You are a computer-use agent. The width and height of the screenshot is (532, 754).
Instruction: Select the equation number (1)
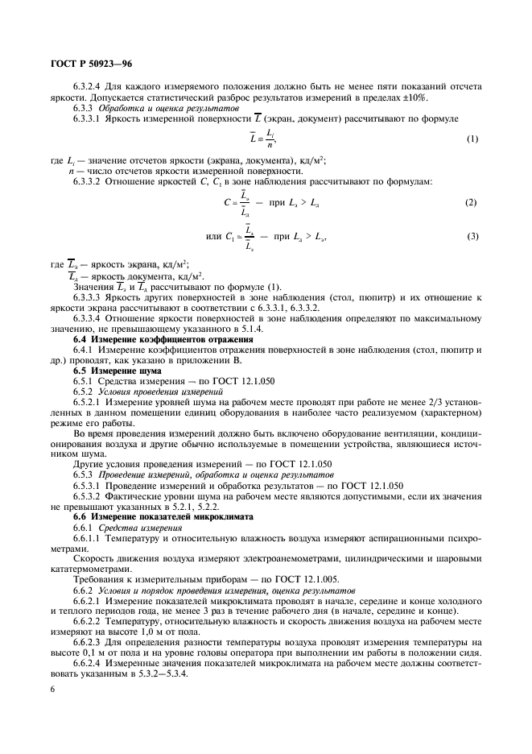point(472,139)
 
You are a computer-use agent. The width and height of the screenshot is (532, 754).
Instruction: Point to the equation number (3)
point(472,234)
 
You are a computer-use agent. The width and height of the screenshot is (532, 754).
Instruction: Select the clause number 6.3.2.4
point(93,87)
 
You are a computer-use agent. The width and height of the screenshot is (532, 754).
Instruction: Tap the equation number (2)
point(472,201)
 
